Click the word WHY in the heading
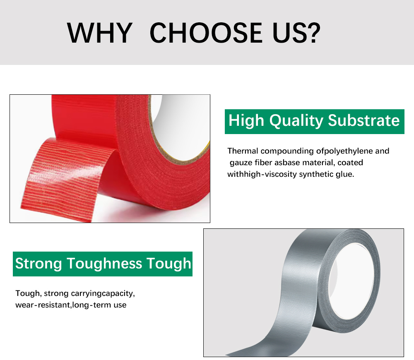(x=99, y=33)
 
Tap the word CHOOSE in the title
(x=206, y=33)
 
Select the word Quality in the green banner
(x=296, y=121)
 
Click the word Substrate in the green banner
(x=364, y=120)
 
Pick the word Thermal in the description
(x=243, y=151)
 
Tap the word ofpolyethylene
(x=344, y=151)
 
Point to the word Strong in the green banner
(x=38, y=264)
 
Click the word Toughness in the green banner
(x=104, y=264)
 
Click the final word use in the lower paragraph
(x=120, y=305)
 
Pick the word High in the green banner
(x=246, y=121)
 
